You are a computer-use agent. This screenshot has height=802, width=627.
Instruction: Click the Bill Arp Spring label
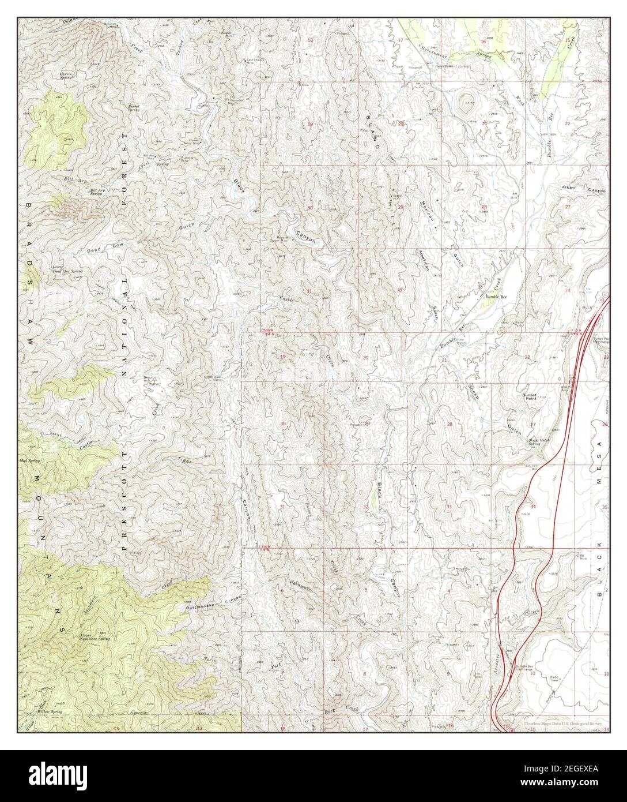(x=99, y=192)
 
